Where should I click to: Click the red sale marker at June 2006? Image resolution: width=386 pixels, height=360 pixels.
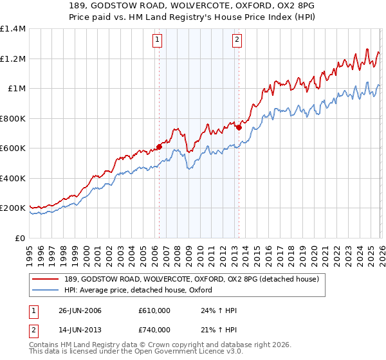159,147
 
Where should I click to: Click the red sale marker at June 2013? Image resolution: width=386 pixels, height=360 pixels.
239,127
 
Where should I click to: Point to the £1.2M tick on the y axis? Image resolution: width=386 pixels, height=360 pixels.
12,59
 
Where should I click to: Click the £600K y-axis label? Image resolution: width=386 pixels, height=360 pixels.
12,148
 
